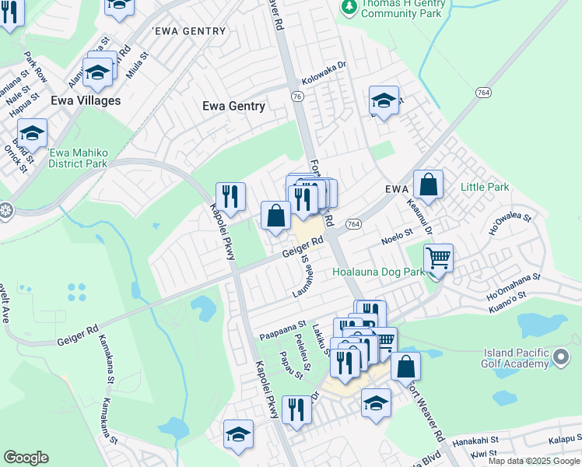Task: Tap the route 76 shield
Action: point(297,96)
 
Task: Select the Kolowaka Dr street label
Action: point(323,75)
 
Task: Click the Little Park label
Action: point(485,187)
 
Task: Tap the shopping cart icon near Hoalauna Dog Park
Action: point(439,258)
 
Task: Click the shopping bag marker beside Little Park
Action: point(428,185)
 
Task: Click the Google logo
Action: point(25,458)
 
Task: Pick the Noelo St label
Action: point(397,233)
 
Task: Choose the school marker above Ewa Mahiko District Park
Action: point(32,133)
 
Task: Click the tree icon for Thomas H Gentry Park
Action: point(349,7)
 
